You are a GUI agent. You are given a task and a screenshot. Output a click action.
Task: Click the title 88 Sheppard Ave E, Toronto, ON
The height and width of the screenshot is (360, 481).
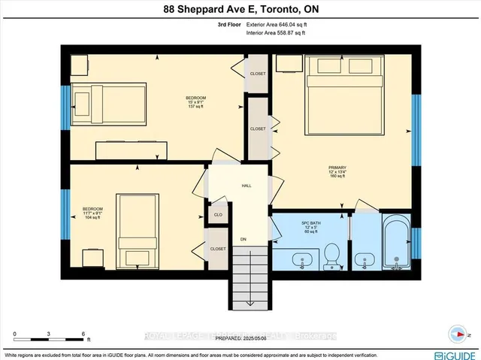[240, 10]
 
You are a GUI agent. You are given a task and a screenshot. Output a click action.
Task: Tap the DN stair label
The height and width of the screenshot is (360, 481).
[243, 240]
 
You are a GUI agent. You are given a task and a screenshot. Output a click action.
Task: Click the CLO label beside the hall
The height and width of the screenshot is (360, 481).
[218, 213]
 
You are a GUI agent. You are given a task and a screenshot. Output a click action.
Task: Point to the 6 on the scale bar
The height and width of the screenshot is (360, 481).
[84, 333]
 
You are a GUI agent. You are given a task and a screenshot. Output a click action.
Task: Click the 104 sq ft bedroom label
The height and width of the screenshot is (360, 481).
[92, 213]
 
